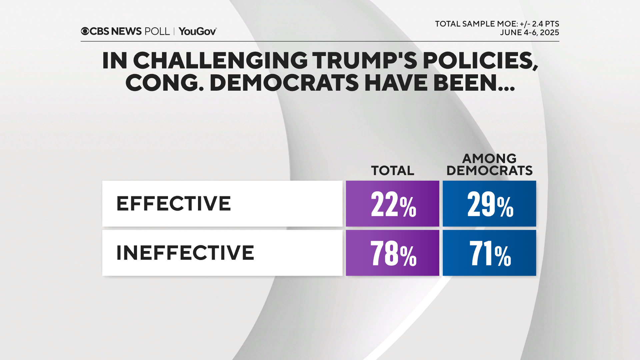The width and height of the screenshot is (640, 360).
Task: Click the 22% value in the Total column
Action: [393, 204]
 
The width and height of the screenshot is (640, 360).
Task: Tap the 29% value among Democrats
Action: [489, 204]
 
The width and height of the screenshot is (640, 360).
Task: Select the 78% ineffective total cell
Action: [393, 253]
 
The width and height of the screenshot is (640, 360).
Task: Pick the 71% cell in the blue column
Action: [489, 253]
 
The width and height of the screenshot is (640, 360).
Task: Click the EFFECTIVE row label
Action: [173, 204]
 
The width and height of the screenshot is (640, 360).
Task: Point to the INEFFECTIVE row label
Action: [185, 253]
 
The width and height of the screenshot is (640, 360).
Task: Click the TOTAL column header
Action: [393, 171]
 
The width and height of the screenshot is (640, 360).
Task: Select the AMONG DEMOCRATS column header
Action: [489, 165]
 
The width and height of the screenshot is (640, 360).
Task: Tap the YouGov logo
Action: [198, 31]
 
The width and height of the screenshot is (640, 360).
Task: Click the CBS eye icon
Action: [85, 31]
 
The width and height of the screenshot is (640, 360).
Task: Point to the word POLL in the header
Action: [157, 31]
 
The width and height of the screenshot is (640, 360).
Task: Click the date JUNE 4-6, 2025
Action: [529, 33]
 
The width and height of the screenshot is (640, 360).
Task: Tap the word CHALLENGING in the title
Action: [220, 61]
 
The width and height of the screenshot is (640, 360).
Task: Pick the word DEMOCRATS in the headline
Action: [284, 83]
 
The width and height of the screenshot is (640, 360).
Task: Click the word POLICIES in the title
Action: [480, 61]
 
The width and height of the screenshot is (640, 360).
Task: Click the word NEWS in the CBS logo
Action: [126, 31]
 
